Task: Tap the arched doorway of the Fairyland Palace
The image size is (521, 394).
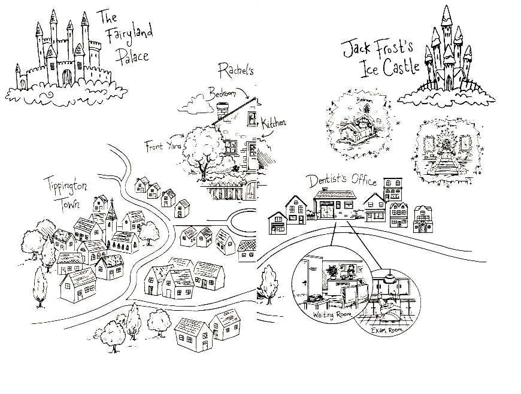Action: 67,77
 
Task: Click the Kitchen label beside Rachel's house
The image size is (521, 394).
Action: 273,123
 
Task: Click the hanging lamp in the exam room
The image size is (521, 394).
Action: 387,278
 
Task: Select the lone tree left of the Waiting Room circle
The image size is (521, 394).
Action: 269,281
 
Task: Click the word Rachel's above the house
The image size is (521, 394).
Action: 237,69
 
